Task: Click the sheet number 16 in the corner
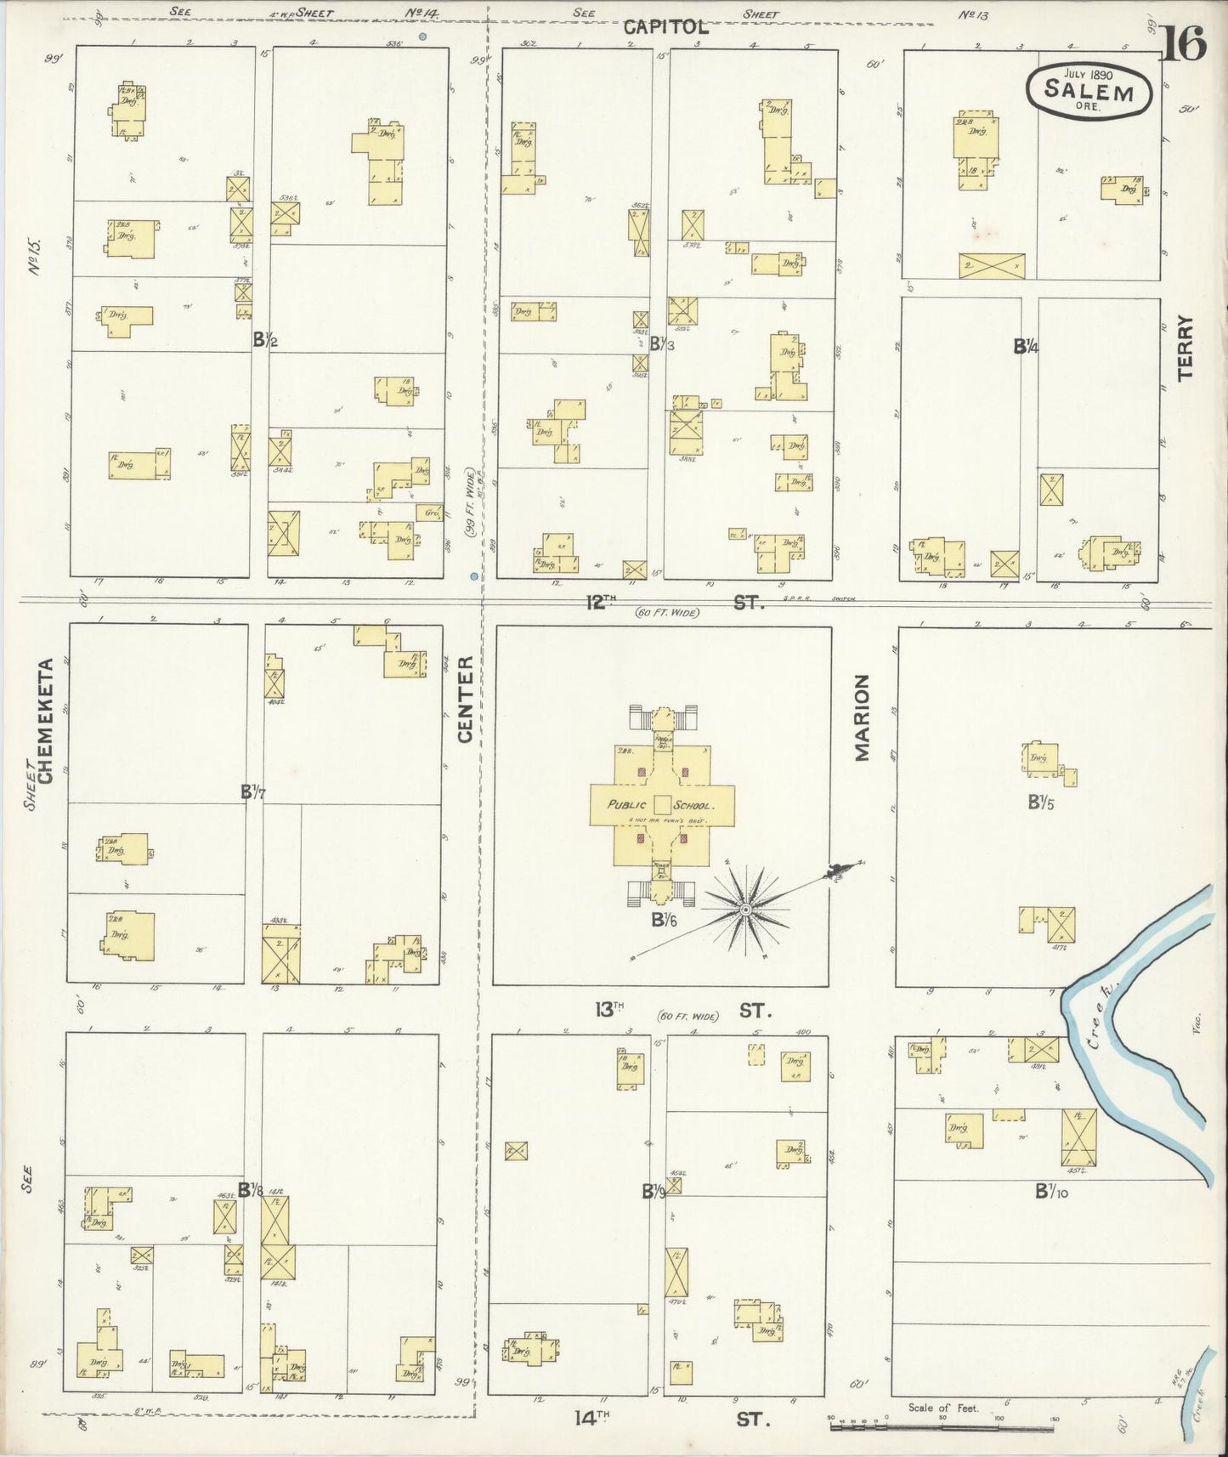1183,45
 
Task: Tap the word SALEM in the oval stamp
1089,91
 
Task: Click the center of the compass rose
745,910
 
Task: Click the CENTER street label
465,699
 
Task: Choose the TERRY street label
1186,347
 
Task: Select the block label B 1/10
1051,1192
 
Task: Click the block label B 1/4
1026,347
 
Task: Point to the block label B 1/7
252,792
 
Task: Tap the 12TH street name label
599,602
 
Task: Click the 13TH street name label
609,1010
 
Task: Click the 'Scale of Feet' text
943,1408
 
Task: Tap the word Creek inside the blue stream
1106,1019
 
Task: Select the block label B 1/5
1041,801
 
